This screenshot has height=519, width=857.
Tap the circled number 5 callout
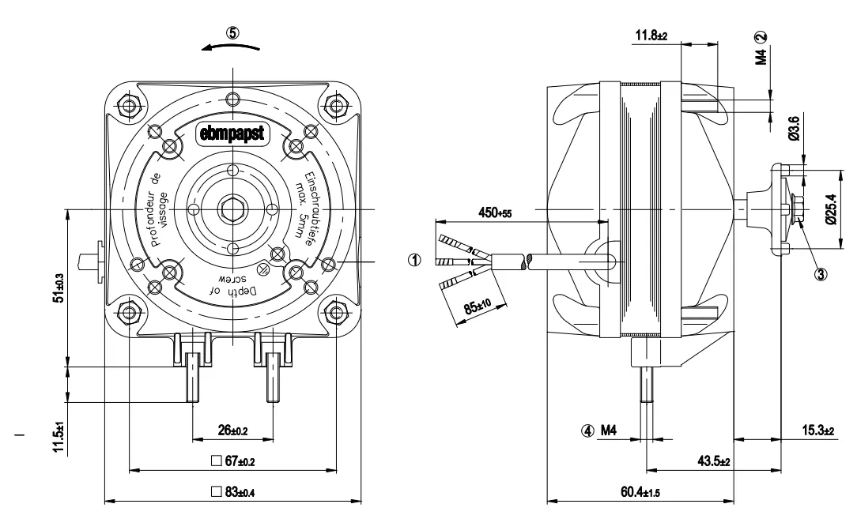click(x=233, y=32)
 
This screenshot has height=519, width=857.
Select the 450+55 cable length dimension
click(x=495, y=212)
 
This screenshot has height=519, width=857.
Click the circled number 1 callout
click(x=415, y=260)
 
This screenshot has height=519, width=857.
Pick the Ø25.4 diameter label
click(x=832, y=209)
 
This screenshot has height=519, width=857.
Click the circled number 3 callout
click(x=821, y=274)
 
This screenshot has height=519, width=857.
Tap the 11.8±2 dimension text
click(x=651, y=36)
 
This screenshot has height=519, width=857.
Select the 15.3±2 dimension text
click(x=818, y=431)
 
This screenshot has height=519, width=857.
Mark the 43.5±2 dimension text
click(x=714, y=461)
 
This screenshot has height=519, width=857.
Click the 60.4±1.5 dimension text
click(x=640, y=492)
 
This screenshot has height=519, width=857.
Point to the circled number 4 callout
click(x=587, y=431)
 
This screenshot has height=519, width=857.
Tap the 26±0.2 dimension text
click(x=233, y=431)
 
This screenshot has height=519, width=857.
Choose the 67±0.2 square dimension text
click(x=233, y=461)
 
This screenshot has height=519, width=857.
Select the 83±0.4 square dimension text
click(x=233, y=492)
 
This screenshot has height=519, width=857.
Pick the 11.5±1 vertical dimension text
click(x=59, y=438)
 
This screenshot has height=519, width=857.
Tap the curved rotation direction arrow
click(x=231, y=47)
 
